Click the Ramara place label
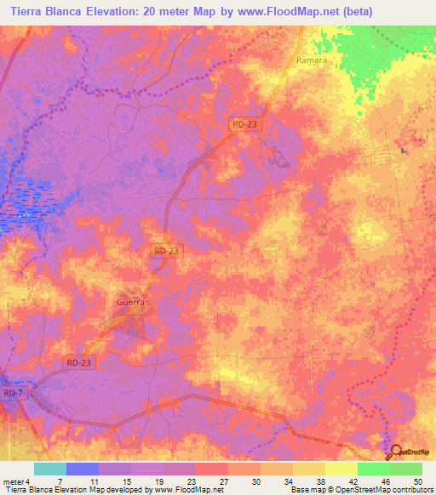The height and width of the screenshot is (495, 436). [312, 61]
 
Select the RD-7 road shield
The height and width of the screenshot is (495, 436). [13, 394]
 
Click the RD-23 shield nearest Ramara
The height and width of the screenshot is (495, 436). [244, 124]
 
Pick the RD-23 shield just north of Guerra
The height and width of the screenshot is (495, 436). [167, 251]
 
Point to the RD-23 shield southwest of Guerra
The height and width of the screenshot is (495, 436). [78, 362]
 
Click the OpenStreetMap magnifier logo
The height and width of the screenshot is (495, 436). [394, 452]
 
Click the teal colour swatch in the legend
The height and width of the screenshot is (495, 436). [50, 469]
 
